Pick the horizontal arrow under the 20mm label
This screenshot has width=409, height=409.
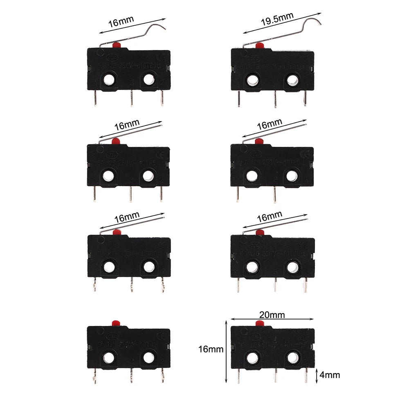coord(272,319)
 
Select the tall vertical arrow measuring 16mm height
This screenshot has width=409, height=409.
coord(226,352)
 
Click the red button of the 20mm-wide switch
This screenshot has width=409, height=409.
coord(258,324)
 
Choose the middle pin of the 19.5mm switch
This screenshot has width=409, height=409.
coord(276,99)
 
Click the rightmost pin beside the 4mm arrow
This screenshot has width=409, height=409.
coord(306,375)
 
